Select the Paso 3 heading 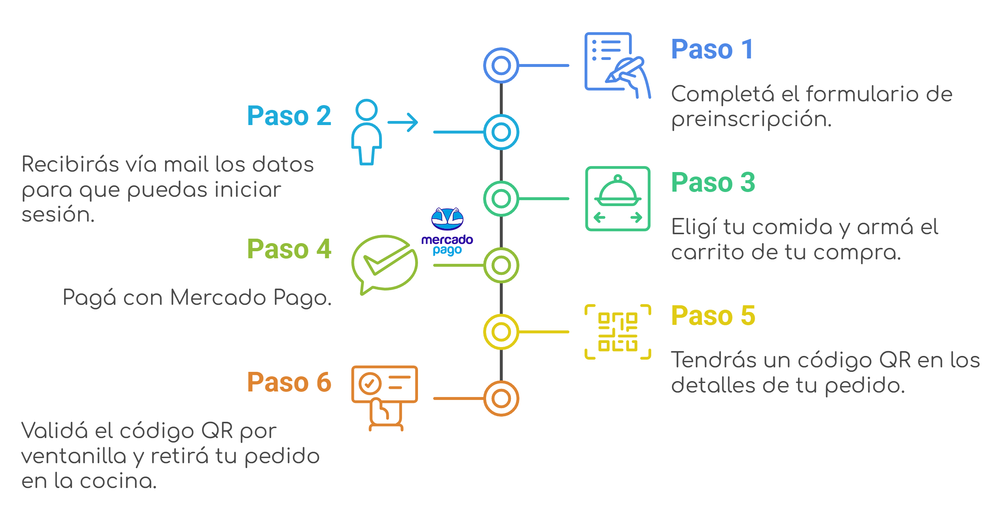[x=713, y=182]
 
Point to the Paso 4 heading [x=289, y=249]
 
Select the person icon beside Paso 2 [x=366, y=132]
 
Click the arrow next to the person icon [x=403, y=122]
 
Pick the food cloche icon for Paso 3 [x=618, y=198]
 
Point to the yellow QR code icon [x=618, y=332]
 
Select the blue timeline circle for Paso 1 [x=501, y=65]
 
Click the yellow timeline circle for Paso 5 [x=501, y=332]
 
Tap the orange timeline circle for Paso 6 [x=501, y=398]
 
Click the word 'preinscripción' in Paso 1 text [x=751, y=120]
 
